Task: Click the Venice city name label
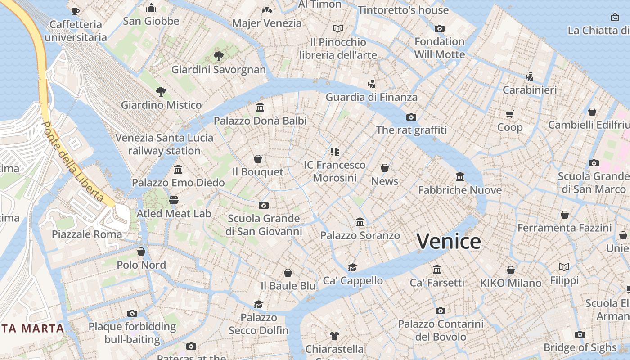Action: click(x=449, y=242)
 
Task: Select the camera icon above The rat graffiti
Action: click(x=411, y=117)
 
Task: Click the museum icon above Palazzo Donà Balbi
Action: click(x=260, y=108)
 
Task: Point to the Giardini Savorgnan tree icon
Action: click(x=219, y=56)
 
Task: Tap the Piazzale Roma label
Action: click(x=87, y=234)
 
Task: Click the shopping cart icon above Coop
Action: click(x=510, y=114)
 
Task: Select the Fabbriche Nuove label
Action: click(x=460, y=190)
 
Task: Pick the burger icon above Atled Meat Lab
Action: click(x=174, y=200)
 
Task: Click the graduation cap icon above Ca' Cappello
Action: click(x=353, y=267)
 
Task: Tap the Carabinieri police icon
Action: click(x=530, y=77)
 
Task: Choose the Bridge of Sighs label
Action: click(x=580, y=347)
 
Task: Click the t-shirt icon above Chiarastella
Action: click(x=334, y=336)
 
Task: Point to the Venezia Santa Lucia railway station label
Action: click(x=164, y=144)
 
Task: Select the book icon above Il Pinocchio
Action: click(x=338, y=29)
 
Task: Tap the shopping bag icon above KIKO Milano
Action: click(x=511, y=270)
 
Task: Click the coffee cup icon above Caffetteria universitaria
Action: click(x=76, y=11)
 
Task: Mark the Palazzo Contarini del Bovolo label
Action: click(x=441, y=330)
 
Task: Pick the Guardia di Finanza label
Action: click(x=371, y=97)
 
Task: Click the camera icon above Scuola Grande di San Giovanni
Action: click(x=264, y=206)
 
